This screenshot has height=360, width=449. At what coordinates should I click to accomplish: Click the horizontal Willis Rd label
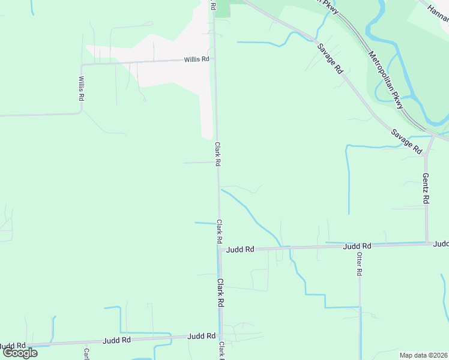point(196,59)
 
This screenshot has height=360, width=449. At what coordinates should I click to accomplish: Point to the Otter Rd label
point(359,263)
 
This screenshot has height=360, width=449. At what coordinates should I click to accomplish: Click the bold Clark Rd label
point(220,293)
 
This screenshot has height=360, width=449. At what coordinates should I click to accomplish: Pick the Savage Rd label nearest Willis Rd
point(330,58)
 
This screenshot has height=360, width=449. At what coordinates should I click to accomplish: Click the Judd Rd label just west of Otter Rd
point(357,246)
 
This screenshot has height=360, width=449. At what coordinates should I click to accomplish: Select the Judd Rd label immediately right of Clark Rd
point(240,249)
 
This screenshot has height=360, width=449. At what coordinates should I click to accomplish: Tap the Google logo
point(20,353)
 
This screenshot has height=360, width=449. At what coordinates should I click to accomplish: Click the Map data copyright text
point(424,355)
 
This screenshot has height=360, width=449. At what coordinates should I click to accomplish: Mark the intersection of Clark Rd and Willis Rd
point(215,60)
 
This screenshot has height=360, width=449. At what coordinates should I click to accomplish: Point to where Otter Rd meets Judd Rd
point(360,245)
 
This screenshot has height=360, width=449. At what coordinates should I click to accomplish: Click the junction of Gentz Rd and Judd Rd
point(427,242)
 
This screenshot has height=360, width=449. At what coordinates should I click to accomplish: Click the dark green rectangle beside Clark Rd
point(222,8)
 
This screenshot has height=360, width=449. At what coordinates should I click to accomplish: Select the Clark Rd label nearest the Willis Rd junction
point(218,154)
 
